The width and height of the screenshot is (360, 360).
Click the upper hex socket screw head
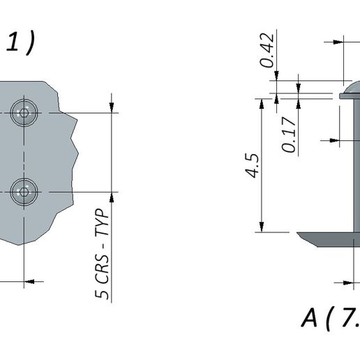[x=24, y=113]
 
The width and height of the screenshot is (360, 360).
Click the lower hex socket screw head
[x=24, y=192]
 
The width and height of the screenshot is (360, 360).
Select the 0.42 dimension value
[x=267, y=50]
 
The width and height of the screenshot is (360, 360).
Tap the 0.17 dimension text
[x=289, y=135]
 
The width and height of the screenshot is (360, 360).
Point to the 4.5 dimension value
[x=253, y=166]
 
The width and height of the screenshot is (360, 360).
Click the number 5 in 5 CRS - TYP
[x=102, y=294]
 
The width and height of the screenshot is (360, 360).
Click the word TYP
[x=103, y=222]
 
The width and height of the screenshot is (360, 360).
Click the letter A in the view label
[x=309, y=317]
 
